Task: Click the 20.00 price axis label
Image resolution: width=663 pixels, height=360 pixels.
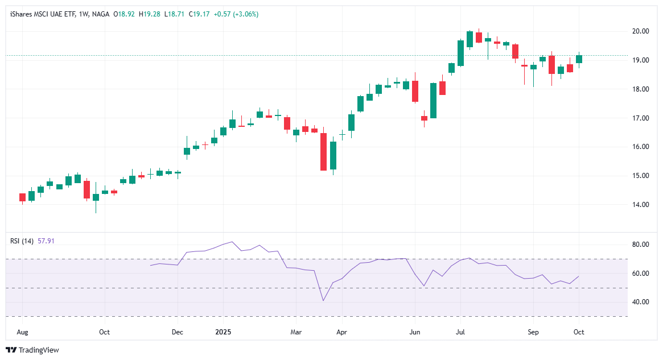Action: coord(642,31)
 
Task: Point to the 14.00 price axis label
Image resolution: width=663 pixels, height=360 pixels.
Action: coord(642,205)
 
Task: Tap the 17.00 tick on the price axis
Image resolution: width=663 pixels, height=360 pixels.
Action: coord(642,118)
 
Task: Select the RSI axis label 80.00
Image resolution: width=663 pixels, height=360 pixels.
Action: coord(642,245)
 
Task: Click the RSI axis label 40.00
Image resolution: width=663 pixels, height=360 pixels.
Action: coord(642,302)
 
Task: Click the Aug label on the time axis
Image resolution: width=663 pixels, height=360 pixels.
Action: coord(22,331)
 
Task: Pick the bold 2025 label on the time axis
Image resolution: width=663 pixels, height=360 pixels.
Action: coord(223,331)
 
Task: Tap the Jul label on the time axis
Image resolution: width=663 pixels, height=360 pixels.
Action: coord(460,331)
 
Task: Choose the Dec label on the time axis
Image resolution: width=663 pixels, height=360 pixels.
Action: coord(178,331)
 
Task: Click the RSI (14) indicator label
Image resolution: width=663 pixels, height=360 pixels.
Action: coord(22,241)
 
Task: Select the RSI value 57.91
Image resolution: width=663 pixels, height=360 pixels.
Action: coord(46,241)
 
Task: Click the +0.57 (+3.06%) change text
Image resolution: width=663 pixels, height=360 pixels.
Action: coord(236,14)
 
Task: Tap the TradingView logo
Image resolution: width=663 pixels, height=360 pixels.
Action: coord(32,350)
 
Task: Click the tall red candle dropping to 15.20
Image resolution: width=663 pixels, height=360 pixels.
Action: coord(324,151)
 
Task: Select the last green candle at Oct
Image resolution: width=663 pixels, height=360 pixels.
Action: coord(579,59)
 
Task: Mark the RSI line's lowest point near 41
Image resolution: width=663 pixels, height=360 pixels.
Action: coord(323,300)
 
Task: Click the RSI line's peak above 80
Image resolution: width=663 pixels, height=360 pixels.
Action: coord(232,242)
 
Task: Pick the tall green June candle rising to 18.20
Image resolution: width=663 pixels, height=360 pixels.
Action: coord(433,101)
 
